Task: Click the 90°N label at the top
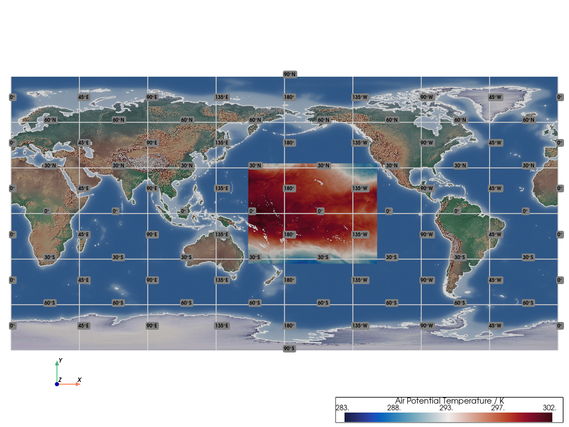click(289, 75)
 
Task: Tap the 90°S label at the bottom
click(289, 349)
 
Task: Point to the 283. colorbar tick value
click(341, 408)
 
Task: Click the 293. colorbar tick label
click(446, 408)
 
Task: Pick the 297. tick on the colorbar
click(497, 408)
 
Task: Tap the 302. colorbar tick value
click(550, 408)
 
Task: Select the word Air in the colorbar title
click(401, 401)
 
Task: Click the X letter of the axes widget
click(79, 380)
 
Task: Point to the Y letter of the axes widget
click(60, 360)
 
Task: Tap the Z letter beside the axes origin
click(60, 380)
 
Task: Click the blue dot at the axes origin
click(57, 384)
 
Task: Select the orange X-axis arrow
click(72, 384)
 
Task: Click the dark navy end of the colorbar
click(348, 417)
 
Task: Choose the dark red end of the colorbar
click(549, 417)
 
